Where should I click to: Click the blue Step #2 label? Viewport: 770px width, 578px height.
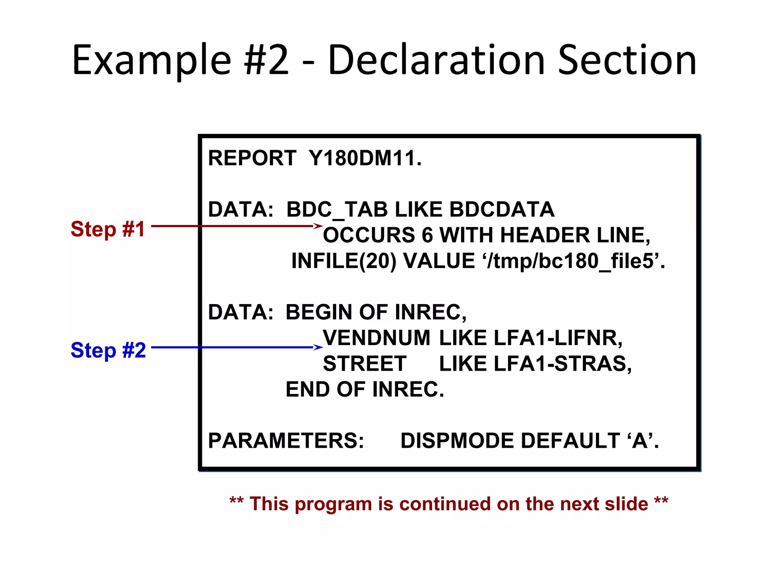pyautogui.click(x=108, y=350)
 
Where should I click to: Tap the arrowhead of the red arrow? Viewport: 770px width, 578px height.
pyautogui.click(x=318, y=226)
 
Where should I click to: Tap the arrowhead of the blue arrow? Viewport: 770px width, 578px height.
pyautogui.click(x=318, y=347)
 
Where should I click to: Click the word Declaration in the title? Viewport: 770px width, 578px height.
pyautogui.click(x=436, y=60)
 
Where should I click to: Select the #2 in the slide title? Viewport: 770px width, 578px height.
pyautogui.click(x=266, y=60)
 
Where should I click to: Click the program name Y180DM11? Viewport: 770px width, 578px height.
pyautogui.click(x=365, y=158)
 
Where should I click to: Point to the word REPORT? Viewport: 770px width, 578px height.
pyautogui.click(x=252, y=158)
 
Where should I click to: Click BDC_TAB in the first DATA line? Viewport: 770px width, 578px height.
pyautogui.click(x=337, y=210)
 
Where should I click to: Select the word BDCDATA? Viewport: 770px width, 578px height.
pyautogui.click(x=502, y=210)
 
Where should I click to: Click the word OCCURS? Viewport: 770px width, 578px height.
pyautogui.click(x=369, y=235)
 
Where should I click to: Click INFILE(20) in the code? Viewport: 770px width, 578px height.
pyautogui.click(x=344, y=261)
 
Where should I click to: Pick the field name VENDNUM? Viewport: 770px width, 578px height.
pyautogui.click(x=376, y=338)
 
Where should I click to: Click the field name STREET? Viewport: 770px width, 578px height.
pyautogui.click(x=365, y=364)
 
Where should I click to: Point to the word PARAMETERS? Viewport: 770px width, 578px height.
pyautogui.click(x=286, y=441)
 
